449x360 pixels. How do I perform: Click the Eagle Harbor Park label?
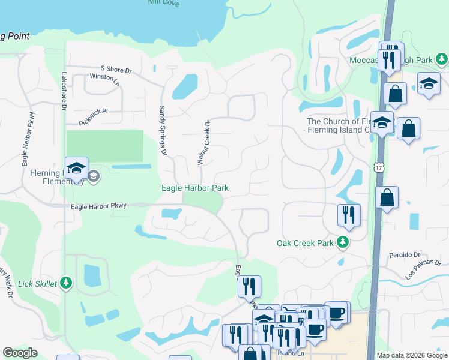(x=195, y=188)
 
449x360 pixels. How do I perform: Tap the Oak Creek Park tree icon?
(x=342, y=242)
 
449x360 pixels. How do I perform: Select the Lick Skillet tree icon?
(x=66, y=283)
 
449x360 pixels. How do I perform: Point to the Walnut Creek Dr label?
(x=203, y=142)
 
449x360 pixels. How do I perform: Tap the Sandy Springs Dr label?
(x=161, y=130)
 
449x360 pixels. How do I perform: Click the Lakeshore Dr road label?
(x=64, y=91)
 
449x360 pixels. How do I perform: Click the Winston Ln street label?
(x=104, y=79)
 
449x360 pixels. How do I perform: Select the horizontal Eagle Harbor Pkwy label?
(x=98, y=206)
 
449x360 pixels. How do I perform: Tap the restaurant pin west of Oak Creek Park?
(x=349, y=215)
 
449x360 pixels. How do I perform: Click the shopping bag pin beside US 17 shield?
(x=387, y=198)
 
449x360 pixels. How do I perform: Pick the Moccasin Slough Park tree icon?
(x=442, y=59)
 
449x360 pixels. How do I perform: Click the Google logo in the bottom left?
(x=20, y=353)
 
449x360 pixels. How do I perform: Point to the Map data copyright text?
(x=411, y=355)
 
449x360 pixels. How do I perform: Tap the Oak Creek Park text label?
(x=304, y=244)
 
